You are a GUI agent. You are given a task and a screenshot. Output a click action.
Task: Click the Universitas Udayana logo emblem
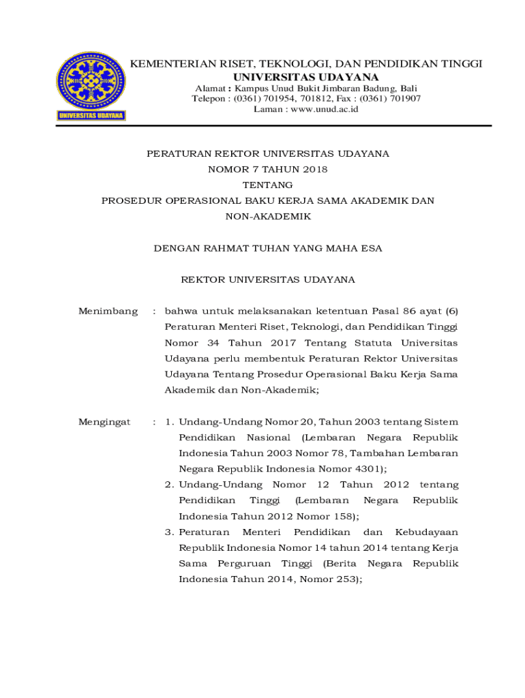tap(90, 86)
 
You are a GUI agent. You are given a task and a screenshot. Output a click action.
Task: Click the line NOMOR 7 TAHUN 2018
tap(268, 169)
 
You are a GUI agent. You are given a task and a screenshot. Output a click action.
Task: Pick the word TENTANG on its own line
tap(268, 185)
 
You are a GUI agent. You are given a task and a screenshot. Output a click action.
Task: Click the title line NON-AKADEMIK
tap(268, 216)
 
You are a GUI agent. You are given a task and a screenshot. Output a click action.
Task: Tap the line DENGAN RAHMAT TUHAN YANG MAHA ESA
tap(268, 248)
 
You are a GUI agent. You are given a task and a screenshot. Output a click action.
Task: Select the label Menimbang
tap(108, 312)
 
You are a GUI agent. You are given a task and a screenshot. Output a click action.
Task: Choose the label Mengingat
tap(104, 422)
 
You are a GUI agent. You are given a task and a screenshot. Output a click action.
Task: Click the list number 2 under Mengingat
tap(168, 485)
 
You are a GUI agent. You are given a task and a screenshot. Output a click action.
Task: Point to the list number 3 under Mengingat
tap(168, 532)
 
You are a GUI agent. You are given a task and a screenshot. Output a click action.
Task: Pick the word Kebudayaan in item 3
tap(426, 532)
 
